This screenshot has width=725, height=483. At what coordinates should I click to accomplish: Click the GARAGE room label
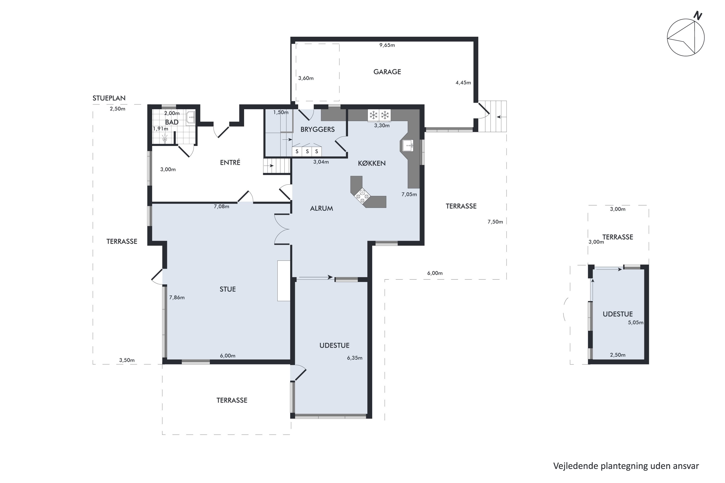387,72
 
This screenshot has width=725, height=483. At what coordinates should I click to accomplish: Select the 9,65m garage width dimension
387,45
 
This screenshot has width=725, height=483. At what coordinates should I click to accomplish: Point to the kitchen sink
408,145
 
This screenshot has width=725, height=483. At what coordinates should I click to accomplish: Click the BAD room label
172,122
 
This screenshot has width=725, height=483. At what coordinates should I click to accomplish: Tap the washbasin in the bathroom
190,117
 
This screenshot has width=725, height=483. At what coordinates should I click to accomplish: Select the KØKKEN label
372,163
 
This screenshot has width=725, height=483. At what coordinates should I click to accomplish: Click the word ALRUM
321,209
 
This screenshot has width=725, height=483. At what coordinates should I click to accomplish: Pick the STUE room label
227,289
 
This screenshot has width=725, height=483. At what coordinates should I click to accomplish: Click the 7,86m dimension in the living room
177,298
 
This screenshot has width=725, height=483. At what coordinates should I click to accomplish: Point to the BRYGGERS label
318,129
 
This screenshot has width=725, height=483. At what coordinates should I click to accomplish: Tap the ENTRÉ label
230,162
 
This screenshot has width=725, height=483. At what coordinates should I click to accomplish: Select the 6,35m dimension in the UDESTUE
355,358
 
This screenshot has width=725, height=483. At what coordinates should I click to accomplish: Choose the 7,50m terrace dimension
495,222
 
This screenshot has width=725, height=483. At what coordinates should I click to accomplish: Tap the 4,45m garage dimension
463,83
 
